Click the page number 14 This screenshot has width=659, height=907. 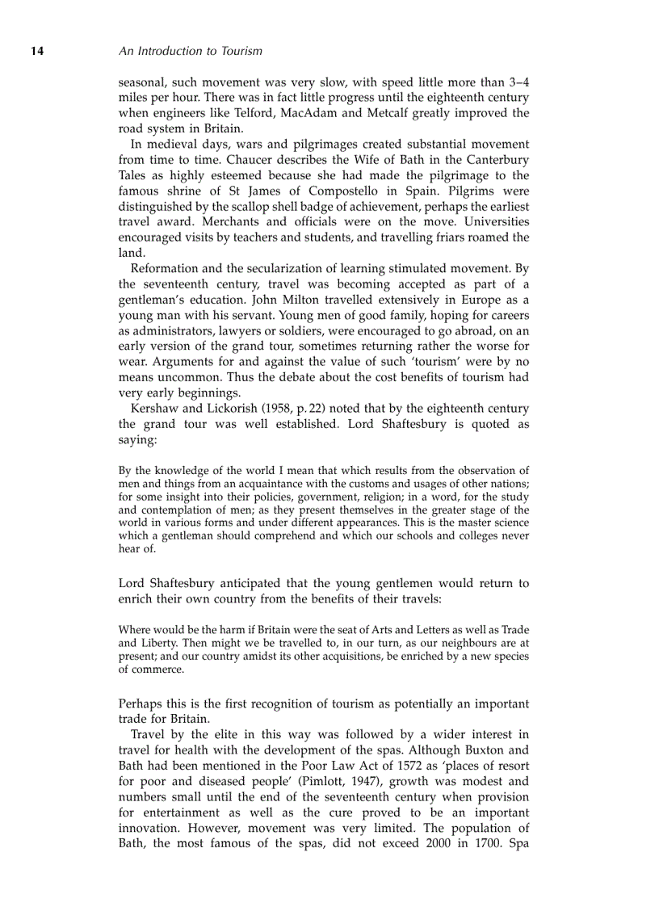tap(37, 51)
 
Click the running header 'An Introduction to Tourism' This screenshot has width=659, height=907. tap(190, 51)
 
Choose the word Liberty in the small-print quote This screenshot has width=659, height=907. tap(159, 644)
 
